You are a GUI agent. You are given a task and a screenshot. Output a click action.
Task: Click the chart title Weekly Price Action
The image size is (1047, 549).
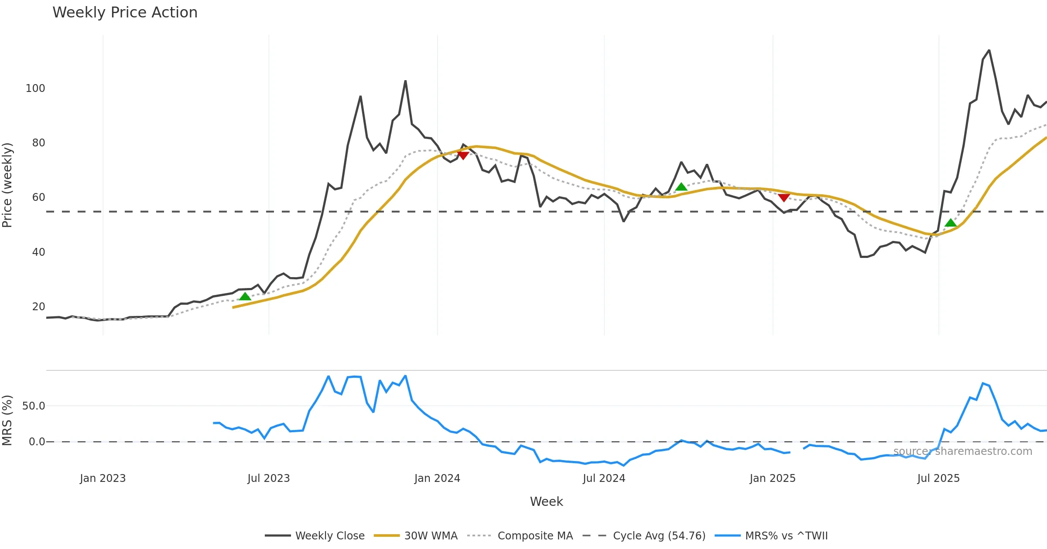pos(125,13)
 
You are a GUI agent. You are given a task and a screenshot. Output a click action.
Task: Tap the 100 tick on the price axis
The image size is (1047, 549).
pos(35,88)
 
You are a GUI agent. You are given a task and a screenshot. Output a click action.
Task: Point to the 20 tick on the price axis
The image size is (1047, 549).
pos(38,307)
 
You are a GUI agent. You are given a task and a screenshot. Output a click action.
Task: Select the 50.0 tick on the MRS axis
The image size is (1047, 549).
pos(34,406)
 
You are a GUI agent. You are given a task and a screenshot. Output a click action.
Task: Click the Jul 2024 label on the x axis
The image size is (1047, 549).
pos(604,478)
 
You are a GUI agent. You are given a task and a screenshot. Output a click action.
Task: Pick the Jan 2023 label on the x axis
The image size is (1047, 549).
pos(103,478)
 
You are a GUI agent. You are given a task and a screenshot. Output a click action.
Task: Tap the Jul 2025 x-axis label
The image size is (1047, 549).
pos(938,478)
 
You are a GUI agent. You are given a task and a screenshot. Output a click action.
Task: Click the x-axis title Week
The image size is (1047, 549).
pos(546,502)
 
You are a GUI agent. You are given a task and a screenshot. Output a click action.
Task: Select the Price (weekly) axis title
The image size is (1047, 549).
pos(7,185)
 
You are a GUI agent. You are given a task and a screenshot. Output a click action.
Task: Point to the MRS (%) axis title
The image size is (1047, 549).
pos(7,420)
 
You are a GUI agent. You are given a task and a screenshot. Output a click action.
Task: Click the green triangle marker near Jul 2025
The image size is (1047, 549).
pos(951,223)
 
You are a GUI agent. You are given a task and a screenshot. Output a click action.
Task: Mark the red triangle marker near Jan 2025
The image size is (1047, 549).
pos(784,198)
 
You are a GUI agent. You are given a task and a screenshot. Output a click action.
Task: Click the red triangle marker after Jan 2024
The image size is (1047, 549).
pos(463,156)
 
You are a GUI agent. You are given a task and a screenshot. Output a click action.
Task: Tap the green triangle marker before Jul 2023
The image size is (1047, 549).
pos(245,297)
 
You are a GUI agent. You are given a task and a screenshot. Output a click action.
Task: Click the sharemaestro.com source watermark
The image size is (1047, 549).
pos(962,451)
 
